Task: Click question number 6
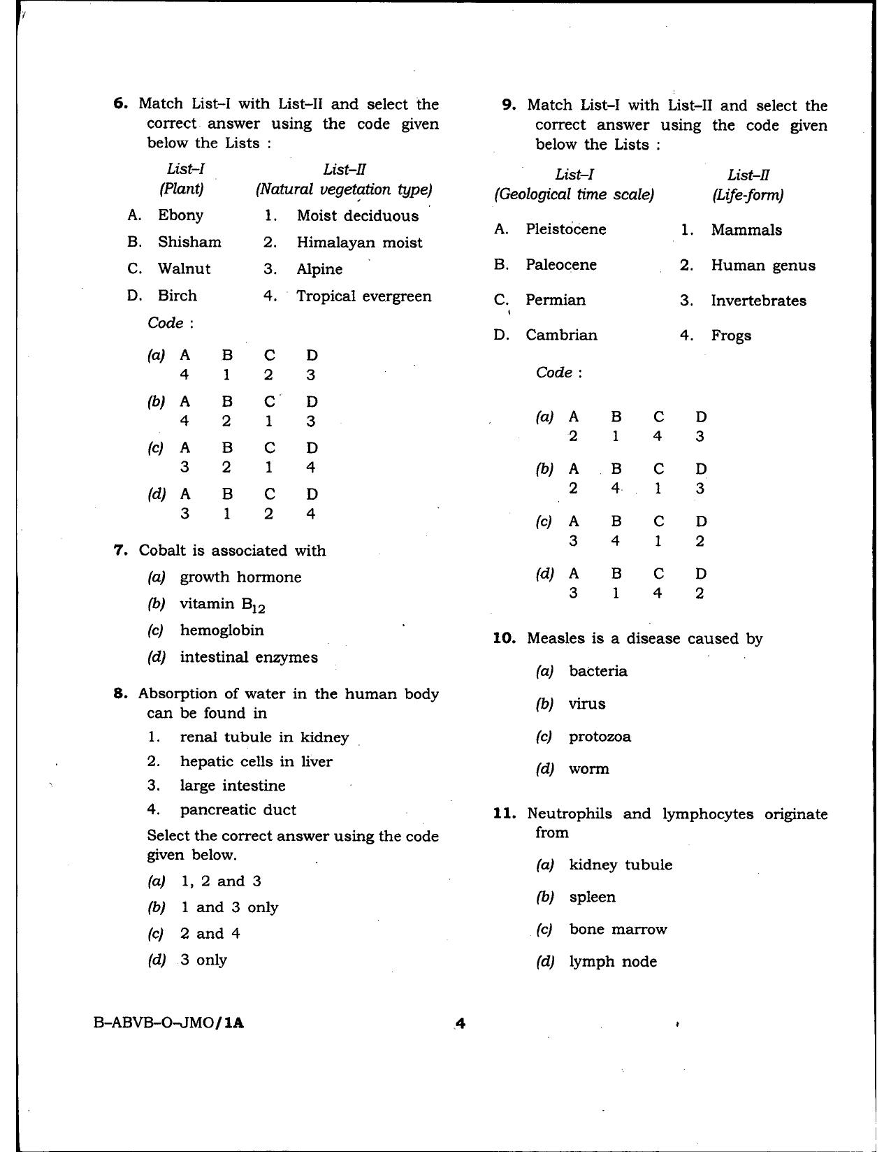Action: (120, 104)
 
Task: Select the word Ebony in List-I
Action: (180, 215)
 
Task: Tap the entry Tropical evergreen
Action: (363, 296)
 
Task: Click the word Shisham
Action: (189, 242)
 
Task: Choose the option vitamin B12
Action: (222, 605)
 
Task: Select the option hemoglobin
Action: (222, 630)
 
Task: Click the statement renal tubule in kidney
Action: (263, 737)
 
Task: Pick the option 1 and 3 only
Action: (229, 907)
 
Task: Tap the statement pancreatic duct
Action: (238, 810)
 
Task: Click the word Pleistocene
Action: (565, 229)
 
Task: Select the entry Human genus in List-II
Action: (762, 266)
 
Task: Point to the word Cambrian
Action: (561, 335)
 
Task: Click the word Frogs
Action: (731, 336)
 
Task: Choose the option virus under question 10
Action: (586, 704)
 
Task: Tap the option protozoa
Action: (600, 737)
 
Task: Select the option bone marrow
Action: (618, 930)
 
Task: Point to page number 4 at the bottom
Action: (460, 1024)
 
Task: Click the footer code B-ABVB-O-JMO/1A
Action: (169, 1023)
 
